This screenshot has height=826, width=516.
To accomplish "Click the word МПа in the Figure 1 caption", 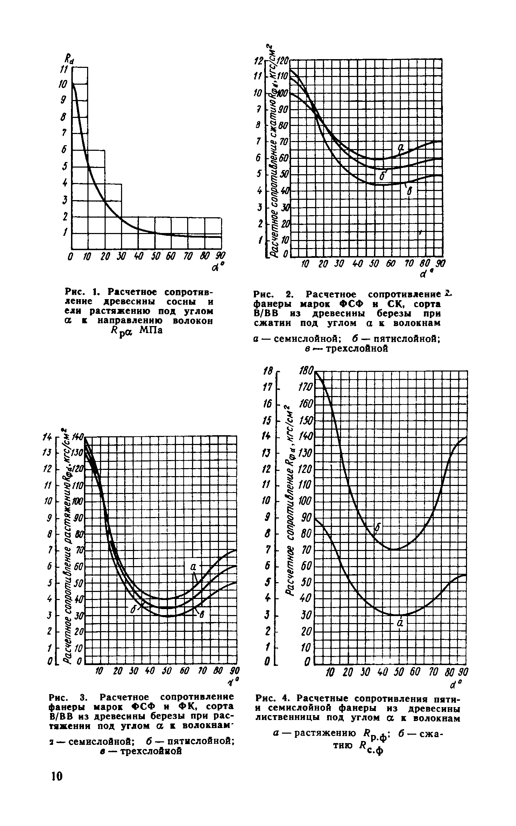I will click(151, 330).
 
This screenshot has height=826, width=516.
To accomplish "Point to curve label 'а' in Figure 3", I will click(193, 566).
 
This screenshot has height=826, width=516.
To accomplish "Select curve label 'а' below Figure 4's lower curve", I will click(401, 623).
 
